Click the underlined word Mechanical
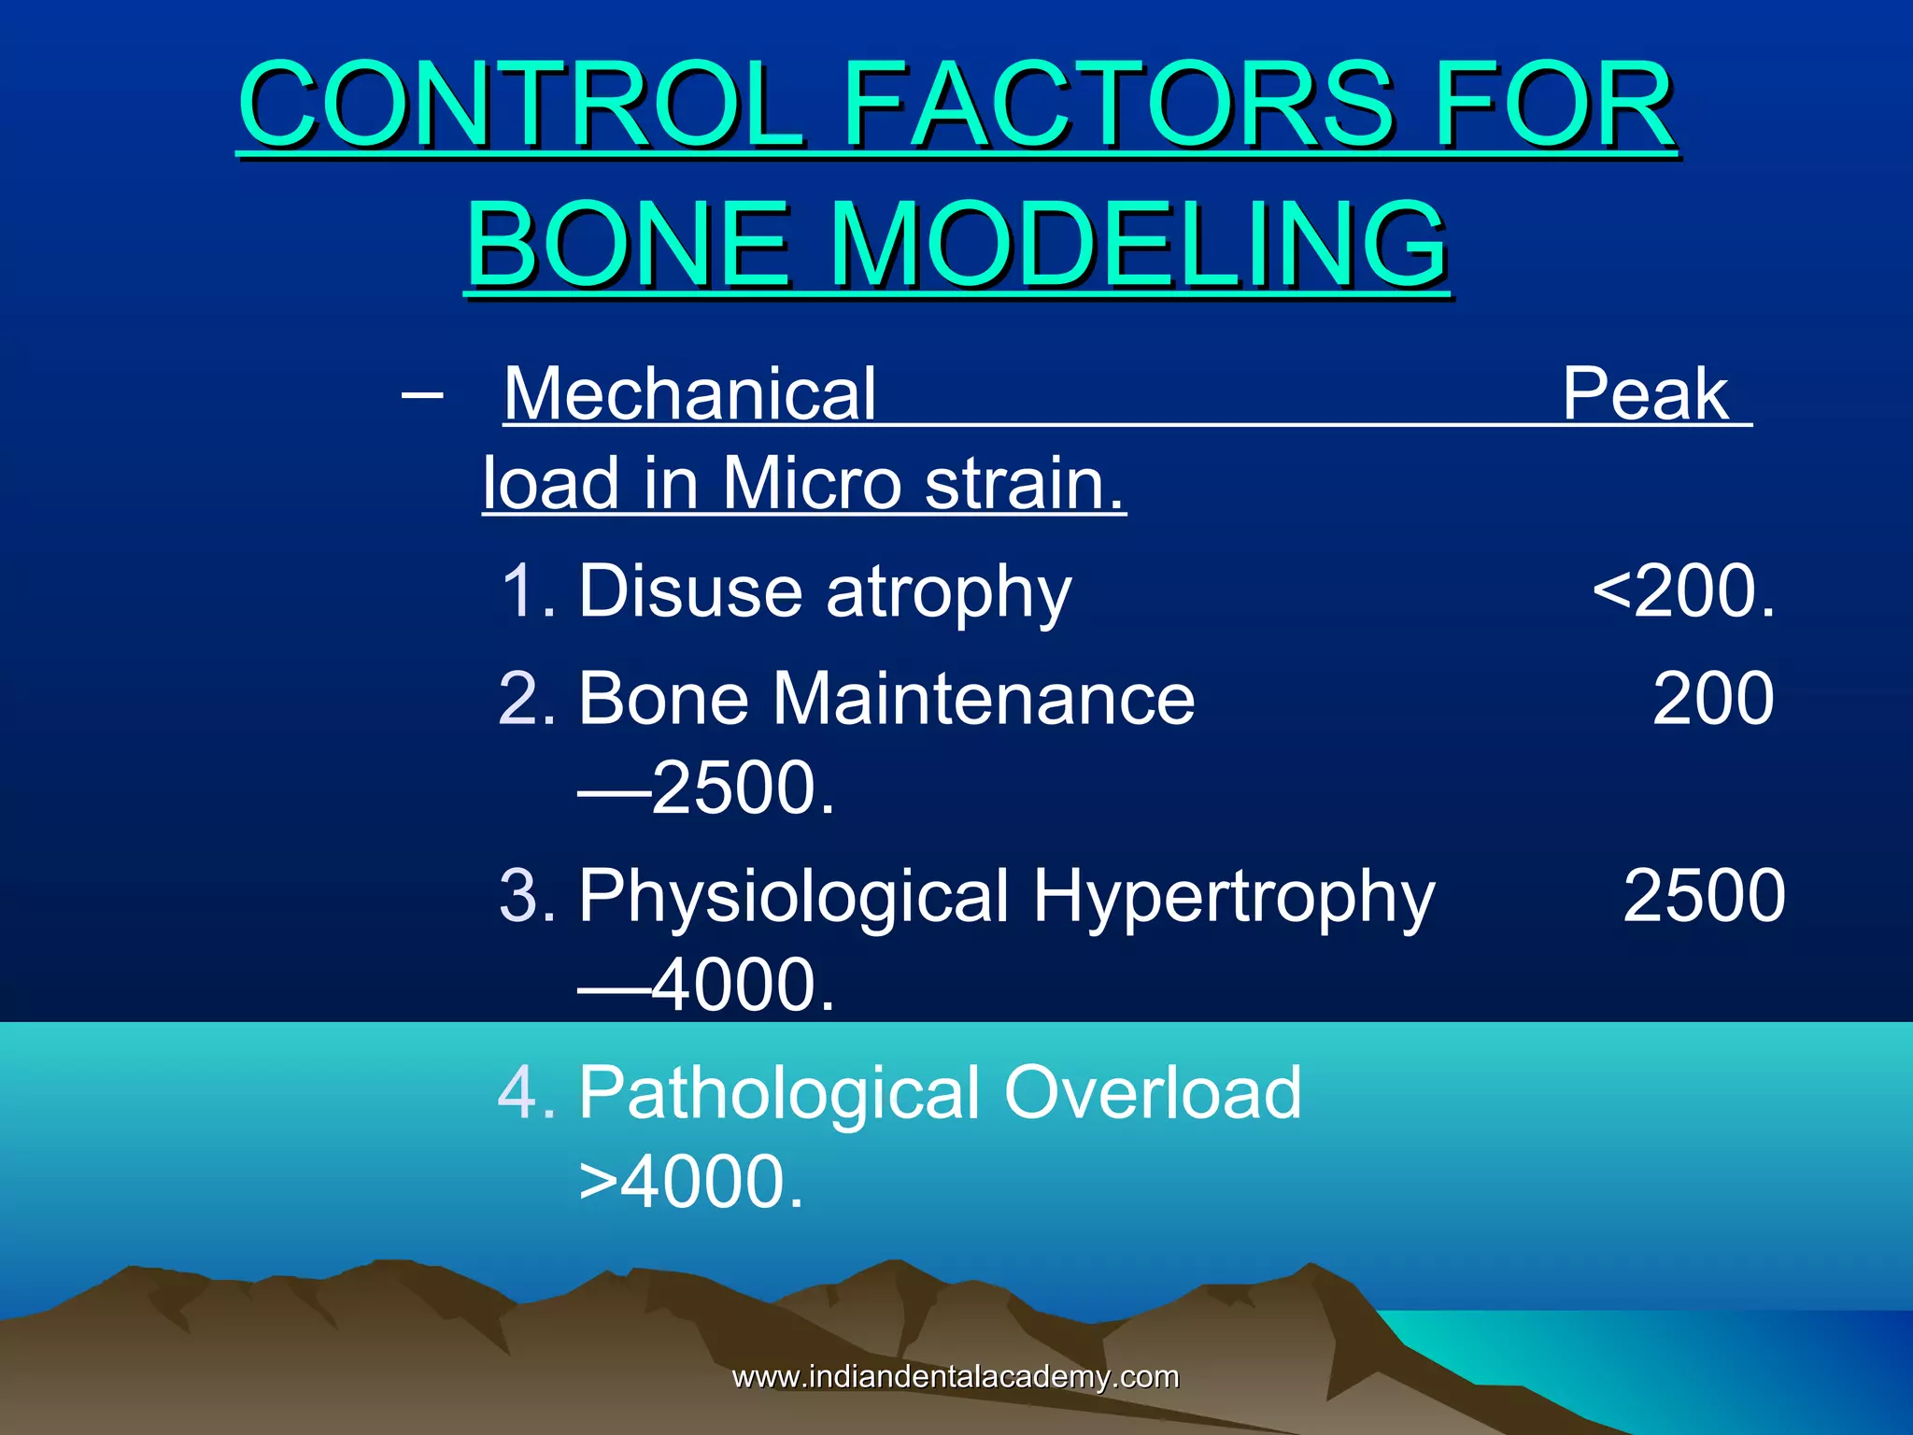(689, 394)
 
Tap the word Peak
(1646, 394)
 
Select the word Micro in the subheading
(811, 483)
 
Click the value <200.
(1683, 591)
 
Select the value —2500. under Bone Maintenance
(706, 788)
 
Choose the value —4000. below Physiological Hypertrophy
(706, 986)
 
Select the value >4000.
(691, 1183)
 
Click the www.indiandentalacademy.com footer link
(955, 1376)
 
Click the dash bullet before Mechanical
(421, 394)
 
